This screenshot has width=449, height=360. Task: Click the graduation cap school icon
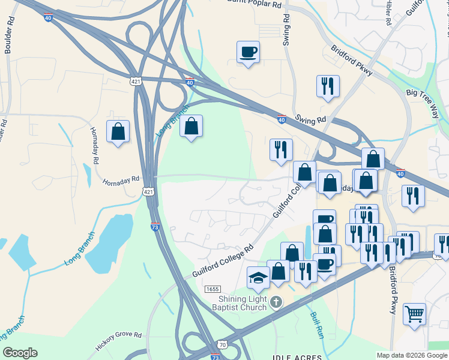pyautogui.click(x=259, y=278)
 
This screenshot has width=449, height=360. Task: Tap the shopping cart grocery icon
pyautogui.click(x=414, y=314)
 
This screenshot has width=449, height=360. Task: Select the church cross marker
pyautogui.click(x=276, y=301)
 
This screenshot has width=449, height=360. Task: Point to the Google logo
pyautogui.click(x=20, y=353)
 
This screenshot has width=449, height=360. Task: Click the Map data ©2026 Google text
pyautogui.click(x=411, y=355)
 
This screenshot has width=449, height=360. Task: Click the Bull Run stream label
pyautogui.click(x=317, y=325)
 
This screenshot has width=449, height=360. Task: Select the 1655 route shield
pyautogui.click(x=212, y=289)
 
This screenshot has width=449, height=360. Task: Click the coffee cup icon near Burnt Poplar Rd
pyautogui.click(x=248, y=52)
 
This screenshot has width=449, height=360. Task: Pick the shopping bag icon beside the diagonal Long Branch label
pyautogui.click(x=191, y=127)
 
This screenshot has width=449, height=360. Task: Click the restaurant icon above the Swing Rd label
pyautogui.click(x=328, y=86)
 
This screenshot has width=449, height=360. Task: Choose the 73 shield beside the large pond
pyautogui.click(x=155, y=227)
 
